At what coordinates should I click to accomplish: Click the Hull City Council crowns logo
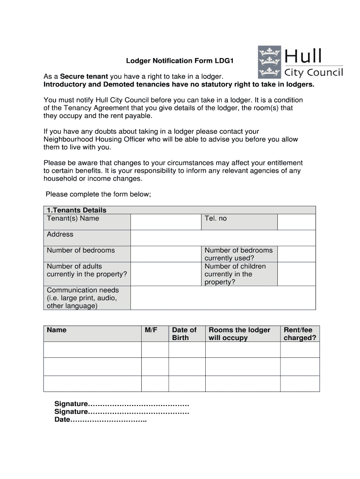click(269, 61)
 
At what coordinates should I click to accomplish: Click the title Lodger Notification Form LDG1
click(179, 61)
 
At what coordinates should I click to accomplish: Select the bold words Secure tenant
click(84, 76)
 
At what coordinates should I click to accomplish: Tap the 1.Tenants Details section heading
click(77, 210)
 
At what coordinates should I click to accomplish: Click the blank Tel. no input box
click(296, 222)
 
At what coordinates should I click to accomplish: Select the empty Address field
click(223, 238)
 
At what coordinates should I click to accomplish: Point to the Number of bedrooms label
click(80, 250)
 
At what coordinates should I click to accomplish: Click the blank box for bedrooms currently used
click(296, 254)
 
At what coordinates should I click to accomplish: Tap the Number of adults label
click(74, 266)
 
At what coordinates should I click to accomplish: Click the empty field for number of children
click(296, 274)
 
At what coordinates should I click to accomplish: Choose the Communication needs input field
click(223, 298)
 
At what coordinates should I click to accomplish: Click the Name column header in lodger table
click(57, 330)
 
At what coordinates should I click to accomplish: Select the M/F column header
click(151, 330)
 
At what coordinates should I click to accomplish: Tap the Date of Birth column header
click(184, 334)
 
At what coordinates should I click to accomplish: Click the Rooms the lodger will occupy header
click(239, 334)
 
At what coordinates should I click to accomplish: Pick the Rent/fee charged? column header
click(300, 334)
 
